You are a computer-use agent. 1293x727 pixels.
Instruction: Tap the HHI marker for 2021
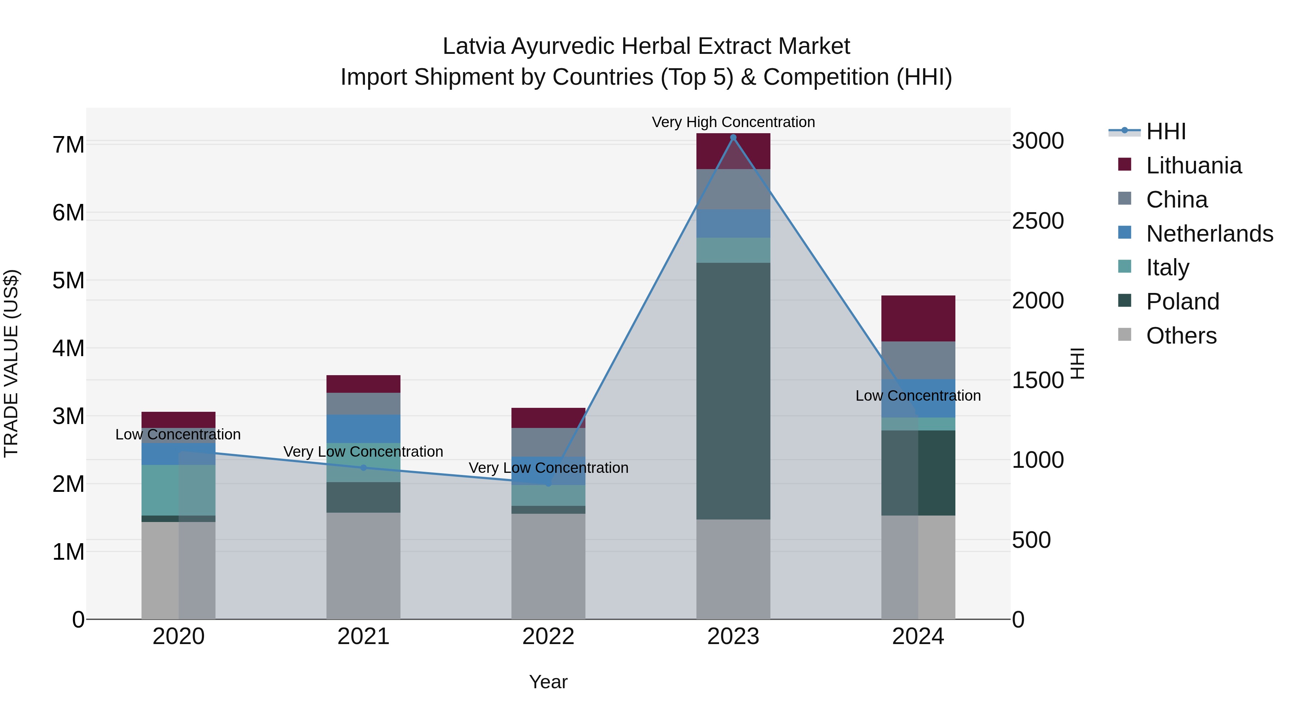[x=363, y=467]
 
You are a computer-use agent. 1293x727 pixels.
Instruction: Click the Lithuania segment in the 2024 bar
[x=918, y=318]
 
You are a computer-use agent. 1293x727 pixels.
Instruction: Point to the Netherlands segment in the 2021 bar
[x=363, y=429]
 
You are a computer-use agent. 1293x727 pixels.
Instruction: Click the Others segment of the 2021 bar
[x=363, y=565]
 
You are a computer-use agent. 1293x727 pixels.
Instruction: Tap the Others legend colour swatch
[x=1125, y=335]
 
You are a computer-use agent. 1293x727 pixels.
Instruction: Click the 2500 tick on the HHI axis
[x=1038, y=221]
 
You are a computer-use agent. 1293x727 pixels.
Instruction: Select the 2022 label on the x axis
[x=548, y=637]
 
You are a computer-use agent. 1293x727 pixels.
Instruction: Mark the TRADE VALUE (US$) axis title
[x=11, y=363]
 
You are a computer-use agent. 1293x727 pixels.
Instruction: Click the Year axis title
[x=548, y=682]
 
